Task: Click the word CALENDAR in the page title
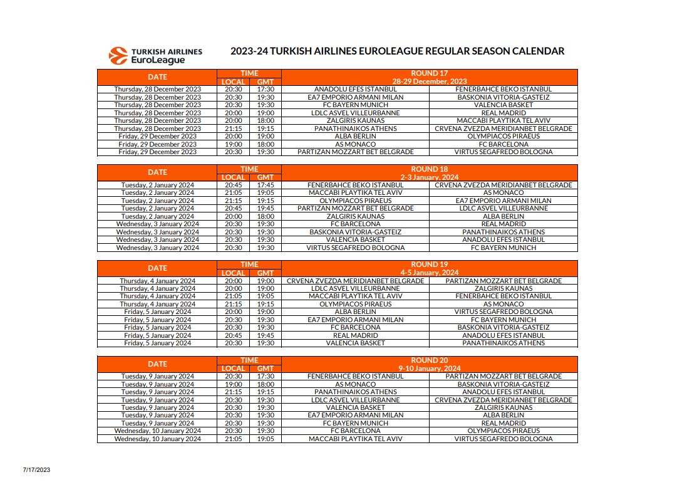click(532, 51)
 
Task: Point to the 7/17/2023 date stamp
click(36, 469)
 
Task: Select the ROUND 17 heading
click(429, 73)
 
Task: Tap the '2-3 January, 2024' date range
click(429, 177)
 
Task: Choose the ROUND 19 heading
click(429, 264)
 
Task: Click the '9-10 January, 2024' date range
click(429, 369)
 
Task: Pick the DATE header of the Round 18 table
click(157, 172)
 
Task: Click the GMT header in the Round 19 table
click(266, 273)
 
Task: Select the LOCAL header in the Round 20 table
click(233, 369)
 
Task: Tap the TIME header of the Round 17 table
click(249, 73)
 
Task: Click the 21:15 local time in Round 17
click(233, 128)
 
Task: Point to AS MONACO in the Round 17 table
click(355, 144)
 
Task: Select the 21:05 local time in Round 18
click(233, 193)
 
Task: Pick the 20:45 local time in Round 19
click(233, 335)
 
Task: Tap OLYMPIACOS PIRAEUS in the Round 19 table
click(355, 304)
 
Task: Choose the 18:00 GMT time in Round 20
click(266, 384)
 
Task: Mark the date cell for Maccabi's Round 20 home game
click(157, 439)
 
